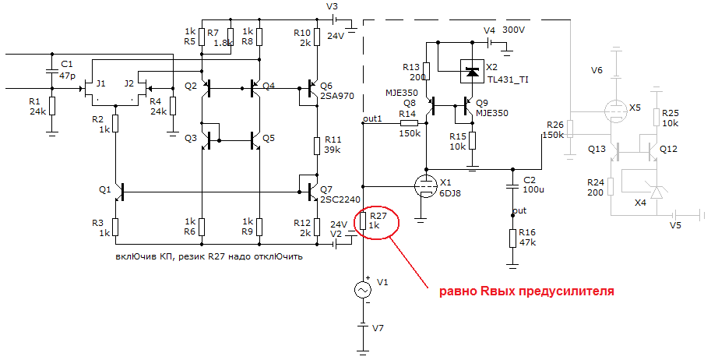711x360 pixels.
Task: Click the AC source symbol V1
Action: coord(363,290)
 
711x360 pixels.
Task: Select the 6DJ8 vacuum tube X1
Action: coord(425,185)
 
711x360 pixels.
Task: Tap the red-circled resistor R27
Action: coord(363,221)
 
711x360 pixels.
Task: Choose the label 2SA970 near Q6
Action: coord(336,97)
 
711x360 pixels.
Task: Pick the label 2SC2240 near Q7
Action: coord(340,199)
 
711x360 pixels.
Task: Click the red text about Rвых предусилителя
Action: coord(526,291)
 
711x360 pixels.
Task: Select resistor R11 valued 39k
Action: coord(317,146)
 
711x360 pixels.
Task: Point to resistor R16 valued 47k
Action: coord(512,238)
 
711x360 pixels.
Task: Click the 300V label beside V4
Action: coord(514,30)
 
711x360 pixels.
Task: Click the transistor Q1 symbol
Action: coord(118,190)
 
